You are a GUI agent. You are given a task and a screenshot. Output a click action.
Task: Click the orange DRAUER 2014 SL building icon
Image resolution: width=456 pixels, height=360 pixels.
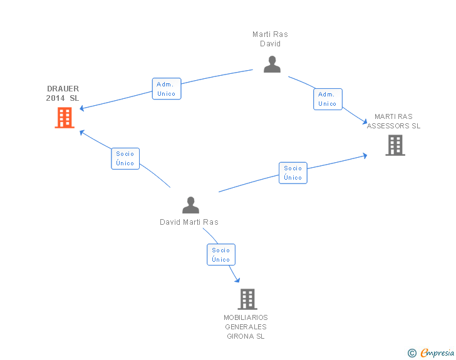[65, 118]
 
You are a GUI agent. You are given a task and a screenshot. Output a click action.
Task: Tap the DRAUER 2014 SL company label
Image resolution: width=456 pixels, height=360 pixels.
[63, 93]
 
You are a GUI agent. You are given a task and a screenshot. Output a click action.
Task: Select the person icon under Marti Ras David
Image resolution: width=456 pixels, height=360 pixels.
[272, 64]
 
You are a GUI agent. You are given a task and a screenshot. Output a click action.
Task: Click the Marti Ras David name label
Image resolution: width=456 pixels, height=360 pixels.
[270, 39]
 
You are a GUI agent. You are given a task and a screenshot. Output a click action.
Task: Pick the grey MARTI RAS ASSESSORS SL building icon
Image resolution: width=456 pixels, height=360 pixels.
[395, 145]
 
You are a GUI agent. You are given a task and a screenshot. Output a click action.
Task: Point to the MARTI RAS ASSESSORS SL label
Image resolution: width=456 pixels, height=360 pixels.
[393, 121]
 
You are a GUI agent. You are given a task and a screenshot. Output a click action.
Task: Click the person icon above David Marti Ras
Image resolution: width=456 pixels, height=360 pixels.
[190, 205]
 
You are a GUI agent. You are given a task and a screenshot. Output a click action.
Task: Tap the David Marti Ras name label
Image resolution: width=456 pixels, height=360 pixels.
[189, 222]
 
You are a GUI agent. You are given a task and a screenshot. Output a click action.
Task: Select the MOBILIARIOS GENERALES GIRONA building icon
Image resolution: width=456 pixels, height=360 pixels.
[247, 299]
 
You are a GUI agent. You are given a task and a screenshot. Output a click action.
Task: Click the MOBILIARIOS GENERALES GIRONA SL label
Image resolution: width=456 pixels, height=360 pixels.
[246, 327]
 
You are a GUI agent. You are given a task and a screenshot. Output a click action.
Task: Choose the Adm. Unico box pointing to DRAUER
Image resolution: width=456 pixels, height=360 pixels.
[167, 89]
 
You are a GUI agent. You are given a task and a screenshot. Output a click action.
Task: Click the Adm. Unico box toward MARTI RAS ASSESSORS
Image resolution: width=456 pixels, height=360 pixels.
[328, 99]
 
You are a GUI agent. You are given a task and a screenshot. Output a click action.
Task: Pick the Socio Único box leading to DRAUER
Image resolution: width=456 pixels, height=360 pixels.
[125, 158]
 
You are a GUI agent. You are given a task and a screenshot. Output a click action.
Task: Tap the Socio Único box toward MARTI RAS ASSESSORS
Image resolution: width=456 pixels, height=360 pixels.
[293, 173]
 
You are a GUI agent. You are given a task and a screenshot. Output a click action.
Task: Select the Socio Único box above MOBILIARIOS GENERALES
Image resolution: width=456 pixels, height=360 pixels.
[221, 254]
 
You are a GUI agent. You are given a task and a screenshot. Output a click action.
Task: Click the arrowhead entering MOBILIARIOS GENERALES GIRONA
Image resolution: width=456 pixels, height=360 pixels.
[237, 280]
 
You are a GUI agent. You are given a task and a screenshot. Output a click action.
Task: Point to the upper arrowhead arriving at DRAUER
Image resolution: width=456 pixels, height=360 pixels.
[81, 108]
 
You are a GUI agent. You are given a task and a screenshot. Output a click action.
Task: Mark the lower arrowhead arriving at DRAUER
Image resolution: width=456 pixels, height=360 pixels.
[82, 132]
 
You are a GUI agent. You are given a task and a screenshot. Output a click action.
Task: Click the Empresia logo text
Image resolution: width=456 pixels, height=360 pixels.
[437, 353]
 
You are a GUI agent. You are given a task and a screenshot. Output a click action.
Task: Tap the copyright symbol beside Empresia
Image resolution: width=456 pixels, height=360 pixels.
[412, 353]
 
